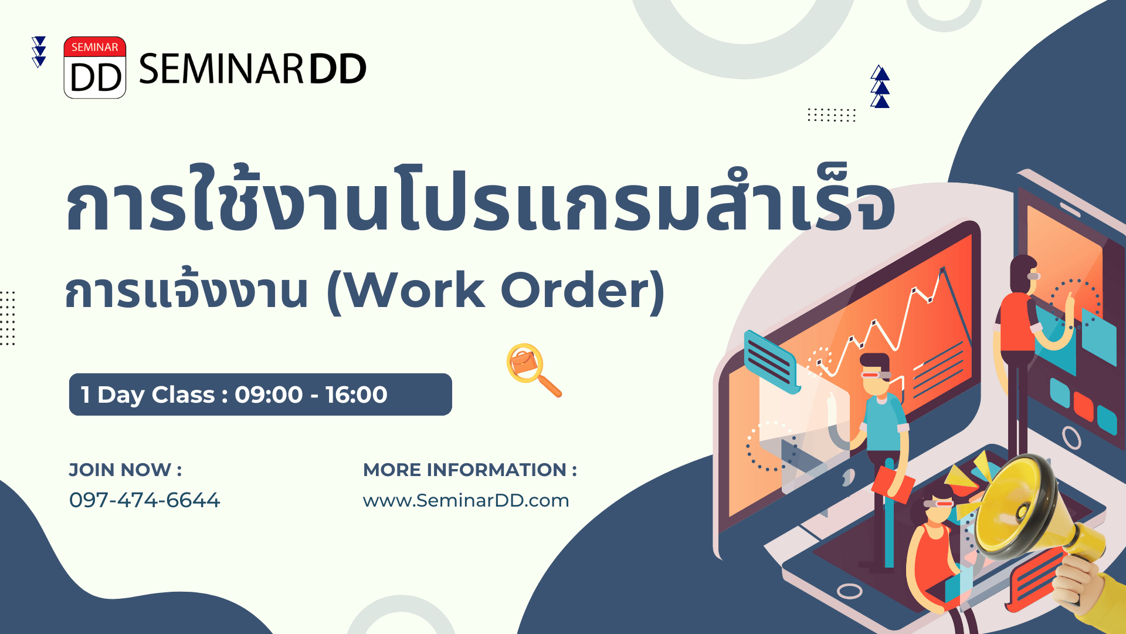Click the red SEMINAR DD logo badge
tap(95, 68)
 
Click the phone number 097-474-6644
tap(144, 500)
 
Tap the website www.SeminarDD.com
tap(466, 501)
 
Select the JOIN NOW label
tap(126, 470)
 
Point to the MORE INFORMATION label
tap(470, 470)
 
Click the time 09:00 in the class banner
tap(269, 394)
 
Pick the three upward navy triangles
tap(880, 86)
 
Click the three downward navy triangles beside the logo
tap(39, 52)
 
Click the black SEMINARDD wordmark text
tap(253, 69)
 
